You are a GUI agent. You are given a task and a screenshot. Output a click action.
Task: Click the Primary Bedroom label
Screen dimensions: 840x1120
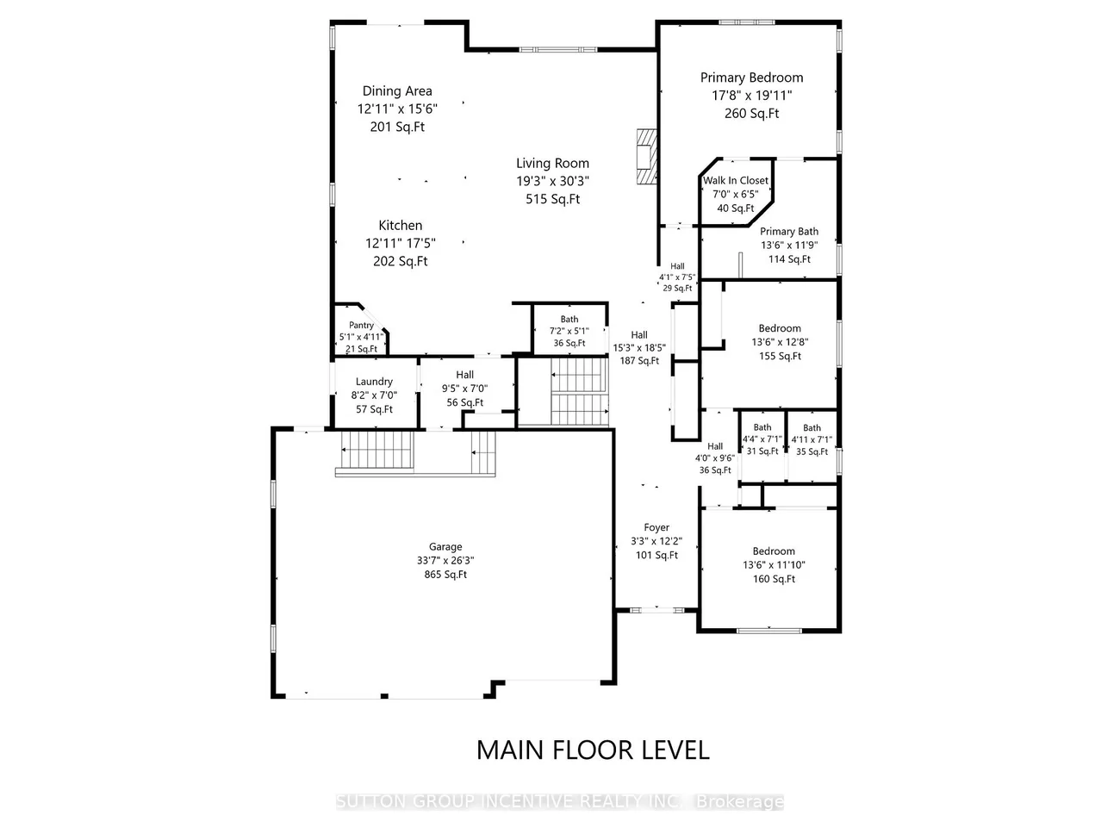751,78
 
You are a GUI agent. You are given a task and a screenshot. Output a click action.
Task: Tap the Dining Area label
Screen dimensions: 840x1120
397,91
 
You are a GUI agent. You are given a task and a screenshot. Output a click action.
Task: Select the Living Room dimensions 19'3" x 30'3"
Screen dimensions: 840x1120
552,181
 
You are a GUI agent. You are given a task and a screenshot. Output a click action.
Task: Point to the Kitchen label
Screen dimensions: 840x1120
401,226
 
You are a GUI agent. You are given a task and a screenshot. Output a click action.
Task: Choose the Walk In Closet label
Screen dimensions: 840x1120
736,181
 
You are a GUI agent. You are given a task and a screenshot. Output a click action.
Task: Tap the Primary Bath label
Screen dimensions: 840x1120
789,232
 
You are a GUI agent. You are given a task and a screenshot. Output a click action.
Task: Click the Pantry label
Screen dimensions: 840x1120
361,326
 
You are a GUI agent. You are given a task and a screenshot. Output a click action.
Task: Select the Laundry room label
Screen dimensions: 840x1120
374,382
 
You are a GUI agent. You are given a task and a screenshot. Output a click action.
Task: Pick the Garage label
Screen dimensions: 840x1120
445,547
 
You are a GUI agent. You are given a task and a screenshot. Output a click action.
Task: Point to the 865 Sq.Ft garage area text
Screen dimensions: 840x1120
445,575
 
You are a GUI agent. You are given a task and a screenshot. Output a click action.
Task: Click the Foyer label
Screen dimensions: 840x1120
656,528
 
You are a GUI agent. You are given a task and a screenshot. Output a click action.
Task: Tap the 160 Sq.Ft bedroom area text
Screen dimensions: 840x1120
774,579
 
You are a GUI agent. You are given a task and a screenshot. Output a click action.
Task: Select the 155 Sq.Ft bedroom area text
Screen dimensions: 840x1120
780,356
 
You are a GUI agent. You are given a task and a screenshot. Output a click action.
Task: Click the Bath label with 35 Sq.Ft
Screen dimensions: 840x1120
812,428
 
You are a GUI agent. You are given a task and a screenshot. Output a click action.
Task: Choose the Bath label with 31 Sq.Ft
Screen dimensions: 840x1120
762,427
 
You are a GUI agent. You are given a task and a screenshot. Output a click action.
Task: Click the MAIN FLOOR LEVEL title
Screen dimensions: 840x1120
593,750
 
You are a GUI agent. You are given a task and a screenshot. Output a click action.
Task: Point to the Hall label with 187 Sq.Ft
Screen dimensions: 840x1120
639,335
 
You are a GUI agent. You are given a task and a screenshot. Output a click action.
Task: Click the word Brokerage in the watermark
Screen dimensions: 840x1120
739,802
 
